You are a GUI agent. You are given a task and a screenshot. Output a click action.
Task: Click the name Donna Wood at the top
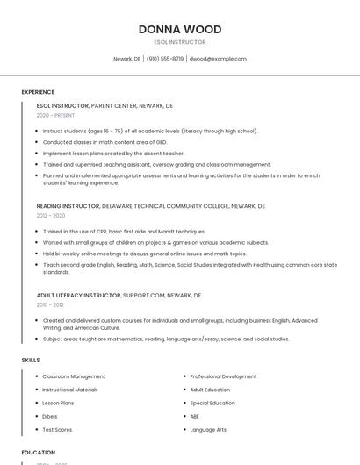click(179, 29)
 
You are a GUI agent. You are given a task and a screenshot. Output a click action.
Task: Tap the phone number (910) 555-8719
click(166, 59)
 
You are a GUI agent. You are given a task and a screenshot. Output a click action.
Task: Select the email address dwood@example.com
click(218, 59)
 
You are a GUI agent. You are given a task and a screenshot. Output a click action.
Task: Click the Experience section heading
click(38, 92)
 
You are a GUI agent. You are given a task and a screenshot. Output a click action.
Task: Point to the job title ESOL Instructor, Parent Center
click(104, 105)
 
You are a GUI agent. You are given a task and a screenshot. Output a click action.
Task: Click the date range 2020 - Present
click(55, 115)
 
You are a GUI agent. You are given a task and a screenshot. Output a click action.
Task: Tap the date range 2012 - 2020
click(51, 215)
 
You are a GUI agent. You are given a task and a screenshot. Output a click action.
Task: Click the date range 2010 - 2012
click(50, 304)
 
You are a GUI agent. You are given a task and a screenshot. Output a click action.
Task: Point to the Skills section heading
click(31, 360)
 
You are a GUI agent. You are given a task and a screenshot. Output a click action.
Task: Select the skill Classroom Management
click(74, 376)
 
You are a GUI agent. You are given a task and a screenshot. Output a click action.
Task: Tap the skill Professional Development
click(223, 376)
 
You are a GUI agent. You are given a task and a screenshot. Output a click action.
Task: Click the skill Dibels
click(51, 416)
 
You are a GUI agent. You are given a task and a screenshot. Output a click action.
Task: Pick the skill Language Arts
click(208, 430)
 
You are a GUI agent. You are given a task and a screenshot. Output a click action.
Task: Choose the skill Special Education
click(212, 403)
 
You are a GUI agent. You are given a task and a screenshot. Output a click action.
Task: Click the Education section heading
click(38, 452)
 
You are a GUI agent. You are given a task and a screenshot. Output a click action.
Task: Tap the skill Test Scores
click(57, 430)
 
